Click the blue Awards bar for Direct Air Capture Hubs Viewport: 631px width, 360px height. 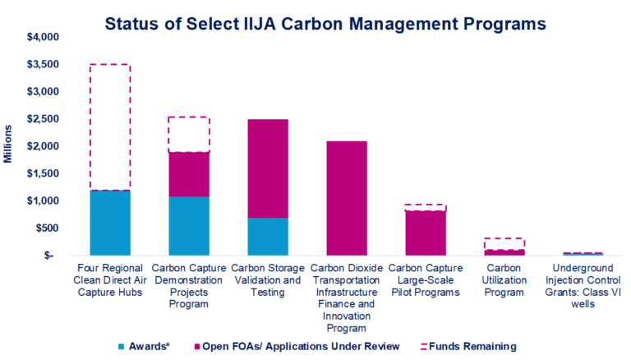(110, 223)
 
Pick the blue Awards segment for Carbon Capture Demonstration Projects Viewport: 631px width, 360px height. (189, 226)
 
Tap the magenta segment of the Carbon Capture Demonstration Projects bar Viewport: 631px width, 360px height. (189, 174)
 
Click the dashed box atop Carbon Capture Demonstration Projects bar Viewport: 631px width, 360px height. (189, 135)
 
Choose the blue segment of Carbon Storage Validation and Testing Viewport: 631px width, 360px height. (269, 237)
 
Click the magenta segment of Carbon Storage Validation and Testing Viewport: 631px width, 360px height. (269, 168)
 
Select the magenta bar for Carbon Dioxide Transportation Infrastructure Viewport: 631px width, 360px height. (348, 198)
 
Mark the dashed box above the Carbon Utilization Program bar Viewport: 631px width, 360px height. (505, 244)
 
